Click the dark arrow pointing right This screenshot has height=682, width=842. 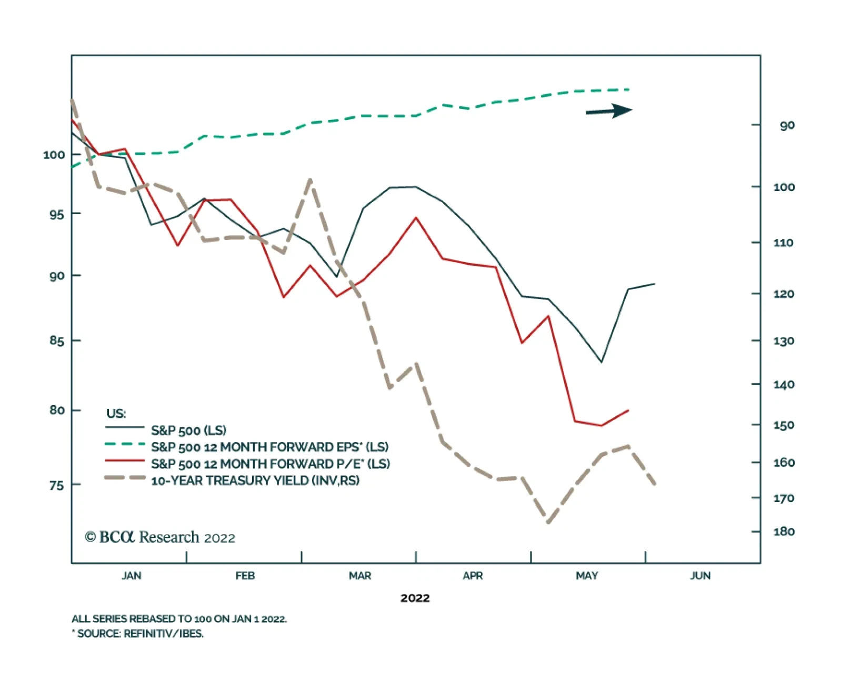(609, 111)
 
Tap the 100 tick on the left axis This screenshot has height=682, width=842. (54, 155)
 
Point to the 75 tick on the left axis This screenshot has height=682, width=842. (56, 485)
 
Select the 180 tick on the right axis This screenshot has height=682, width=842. (784, 531)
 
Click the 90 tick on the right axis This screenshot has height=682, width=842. (787, 125)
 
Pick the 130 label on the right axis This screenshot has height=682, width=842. (784, 341)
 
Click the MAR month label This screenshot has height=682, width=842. (359, 576)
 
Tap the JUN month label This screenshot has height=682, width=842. (700, 576)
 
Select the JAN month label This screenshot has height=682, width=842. (132, 576)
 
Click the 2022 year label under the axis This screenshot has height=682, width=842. (415, 598)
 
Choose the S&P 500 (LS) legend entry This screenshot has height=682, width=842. (188, 430)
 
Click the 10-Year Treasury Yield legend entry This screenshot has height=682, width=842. (255, 480)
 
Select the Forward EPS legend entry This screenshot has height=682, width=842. (269, 447)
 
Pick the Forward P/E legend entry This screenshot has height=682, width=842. (270, 464)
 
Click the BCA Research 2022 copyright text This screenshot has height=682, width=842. (160, 537)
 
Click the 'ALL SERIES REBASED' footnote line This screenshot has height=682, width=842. (179, 619)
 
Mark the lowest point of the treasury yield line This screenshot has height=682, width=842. (548, 523)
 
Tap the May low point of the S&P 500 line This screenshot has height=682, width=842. (601, 362)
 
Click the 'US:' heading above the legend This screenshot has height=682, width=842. (116, 414)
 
